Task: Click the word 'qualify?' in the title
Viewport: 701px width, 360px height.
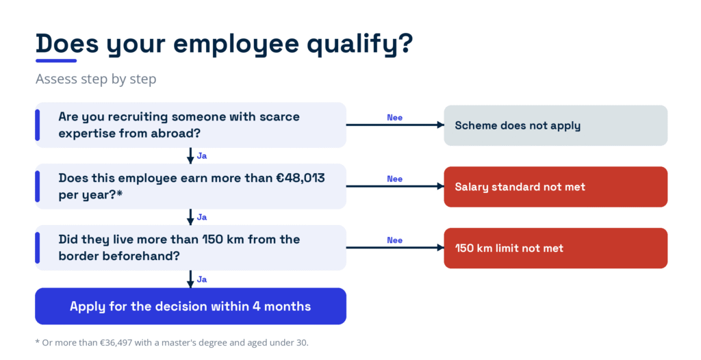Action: click(360, 44)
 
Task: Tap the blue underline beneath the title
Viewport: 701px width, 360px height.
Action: click(56, 61)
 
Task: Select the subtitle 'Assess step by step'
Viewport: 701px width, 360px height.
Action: click(96, 79)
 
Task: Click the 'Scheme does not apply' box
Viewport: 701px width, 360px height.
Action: click(555, 125)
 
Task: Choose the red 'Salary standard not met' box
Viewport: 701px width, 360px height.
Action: click(555, 186)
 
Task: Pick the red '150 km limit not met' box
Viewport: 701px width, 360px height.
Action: click(555, 248)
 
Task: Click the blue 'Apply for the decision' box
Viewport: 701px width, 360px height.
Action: click(190, 306)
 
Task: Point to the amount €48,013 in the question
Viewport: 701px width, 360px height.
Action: click(301, 178)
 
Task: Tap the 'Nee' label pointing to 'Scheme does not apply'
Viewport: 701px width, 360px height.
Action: click(395, 118)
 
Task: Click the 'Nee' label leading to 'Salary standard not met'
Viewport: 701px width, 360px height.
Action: click(395, 179)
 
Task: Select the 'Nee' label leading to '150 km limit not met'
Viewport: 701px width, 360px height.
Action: click(395, 240)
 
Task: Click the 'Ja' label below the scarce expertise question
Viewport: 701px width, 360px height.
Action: click(202, 156)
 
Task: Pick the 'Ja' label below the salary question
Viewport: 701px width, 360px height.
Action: click(202, 218)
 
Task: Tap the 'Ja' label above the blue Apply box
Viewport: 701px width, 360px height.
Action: click(202, 279)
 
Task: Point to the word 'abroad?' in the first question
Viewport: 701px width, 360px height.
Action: click(180, 133)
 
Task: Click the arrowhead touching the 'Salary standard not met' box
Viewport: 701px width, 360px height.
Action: click(440, 186)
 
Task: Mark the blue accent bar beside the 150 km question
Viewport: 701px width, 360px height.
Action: click(38, 248)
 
